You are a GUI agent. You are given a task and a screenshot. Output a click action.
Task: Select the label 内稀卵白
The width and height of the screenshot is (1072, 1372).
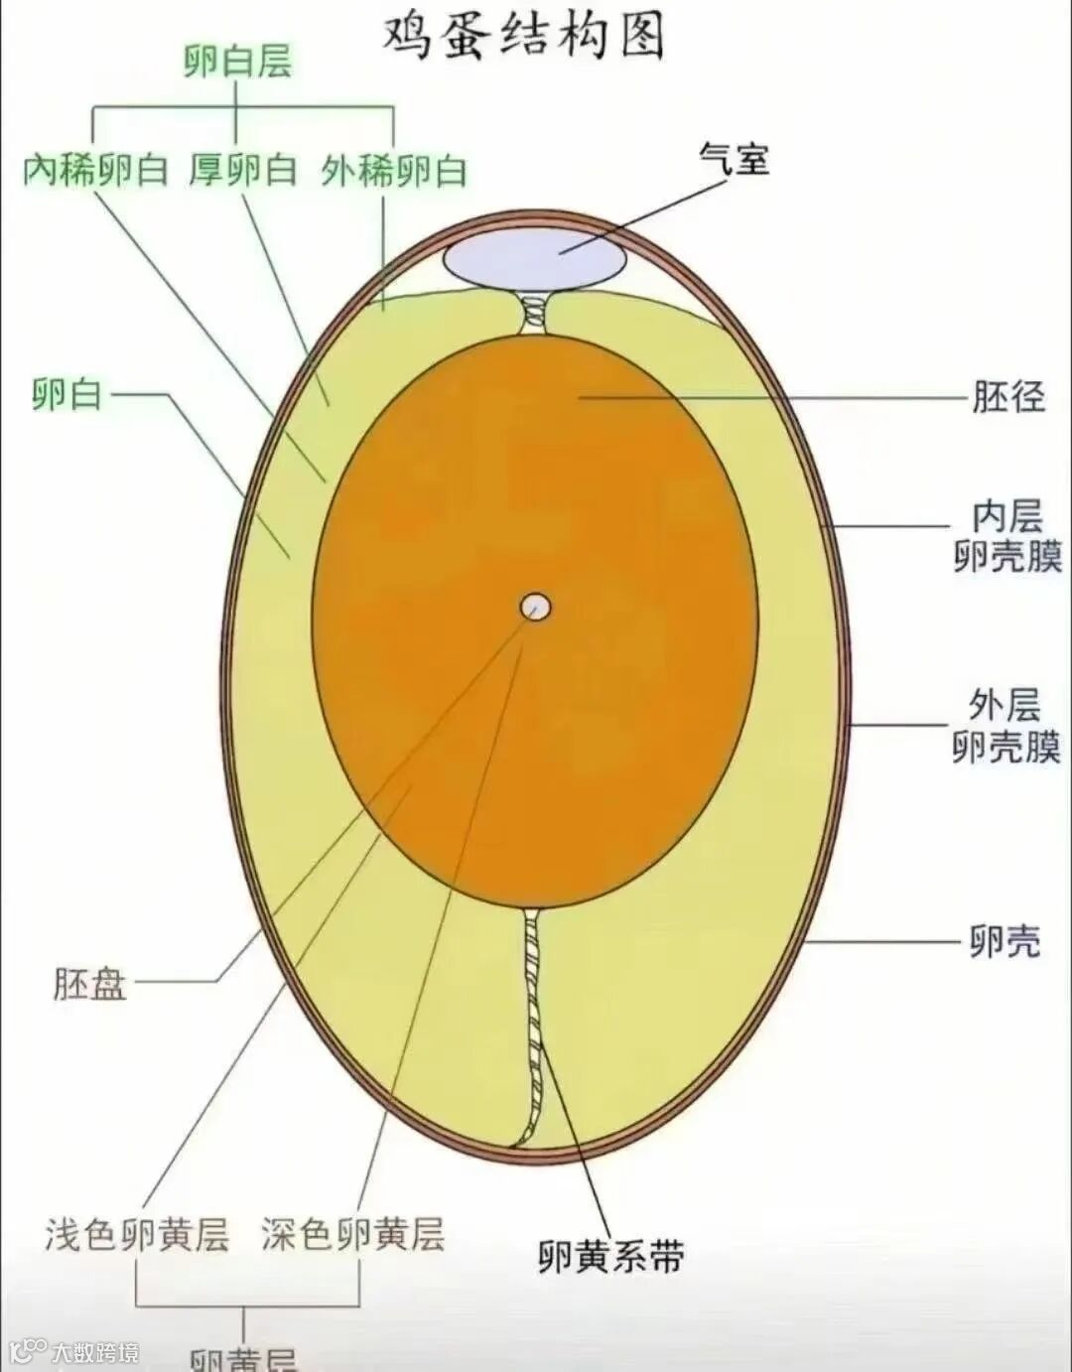95,171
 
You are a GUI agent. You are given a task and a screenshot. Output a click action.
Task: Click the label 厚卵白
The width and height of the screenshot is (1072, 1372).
243,171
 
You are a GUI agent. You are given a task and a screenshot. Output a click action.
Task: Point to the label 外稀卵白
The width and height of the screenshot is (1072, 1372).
394,172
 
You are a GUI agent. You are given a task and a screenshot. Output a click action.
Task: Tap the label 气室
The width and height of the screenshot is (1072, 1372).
735,158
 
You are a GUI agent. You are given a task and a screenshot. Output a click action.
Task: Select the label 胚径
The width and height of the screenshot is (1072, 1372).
1007,397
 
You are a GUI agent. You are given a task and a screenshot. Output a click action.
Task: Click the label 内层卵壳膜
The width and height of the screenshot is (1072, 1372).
1007,537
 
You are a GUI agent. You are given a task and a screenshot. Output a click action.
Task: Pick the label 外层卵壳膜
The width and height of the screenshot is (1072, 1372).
1006,727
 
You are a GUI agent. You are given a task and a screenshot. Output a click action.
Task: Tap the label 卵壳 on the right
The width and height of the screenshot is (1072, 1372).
1005,941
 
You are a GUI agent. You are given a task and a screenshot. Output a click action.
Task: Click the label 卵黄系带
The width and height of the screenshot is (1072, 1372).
611,1258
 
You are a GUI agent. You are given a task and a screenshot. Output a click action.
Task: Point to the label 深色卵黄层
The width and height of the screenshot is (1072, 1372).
353,1234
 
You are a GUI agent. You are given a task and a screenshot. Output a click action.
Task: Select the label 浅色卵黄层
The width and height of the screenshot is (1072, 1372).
137,1234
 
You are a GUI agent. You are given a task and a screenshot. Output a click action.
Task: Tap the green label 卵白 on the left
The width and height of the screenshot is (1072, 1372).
67,395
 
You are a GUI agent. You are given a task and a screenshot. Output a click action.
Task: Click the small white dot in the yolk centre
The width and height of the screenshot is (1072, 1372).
536,606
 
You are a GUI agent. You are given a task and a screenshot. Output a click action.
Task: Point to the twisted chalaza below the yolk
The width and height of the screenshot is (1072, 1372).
534,1023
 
